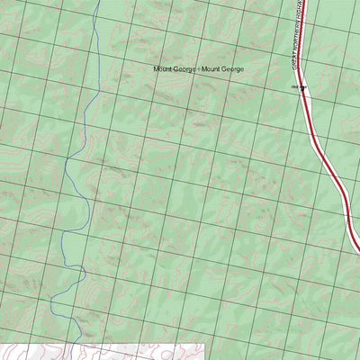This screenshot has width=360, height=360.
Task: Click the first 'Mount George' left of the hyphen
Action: tap(174, 69)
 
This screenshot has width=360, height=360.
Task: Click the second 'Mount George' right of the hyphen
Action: tap(222, 69)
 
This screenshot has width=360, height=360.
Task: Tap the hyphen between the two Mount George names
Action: tap(197, 69)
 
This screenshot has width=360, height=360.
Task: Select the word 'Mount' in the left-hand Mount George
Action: tap(163, 69)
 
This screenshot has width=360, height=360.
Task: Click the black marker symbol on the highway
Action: tap(303, 87)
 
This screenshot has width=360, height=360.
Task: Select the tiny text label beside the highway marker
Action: tap(294, 87)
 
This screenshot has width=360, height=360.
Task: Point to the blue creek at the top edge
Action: tap(96, 2)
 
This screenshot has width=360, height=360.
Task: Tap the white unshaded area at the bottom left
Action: tap(36, 351)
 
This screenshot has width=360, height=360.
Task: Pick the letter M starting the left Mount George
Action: tap(157, 69)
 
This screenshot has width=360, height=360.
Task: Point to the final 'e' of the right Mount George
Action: tap(241, 69)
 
